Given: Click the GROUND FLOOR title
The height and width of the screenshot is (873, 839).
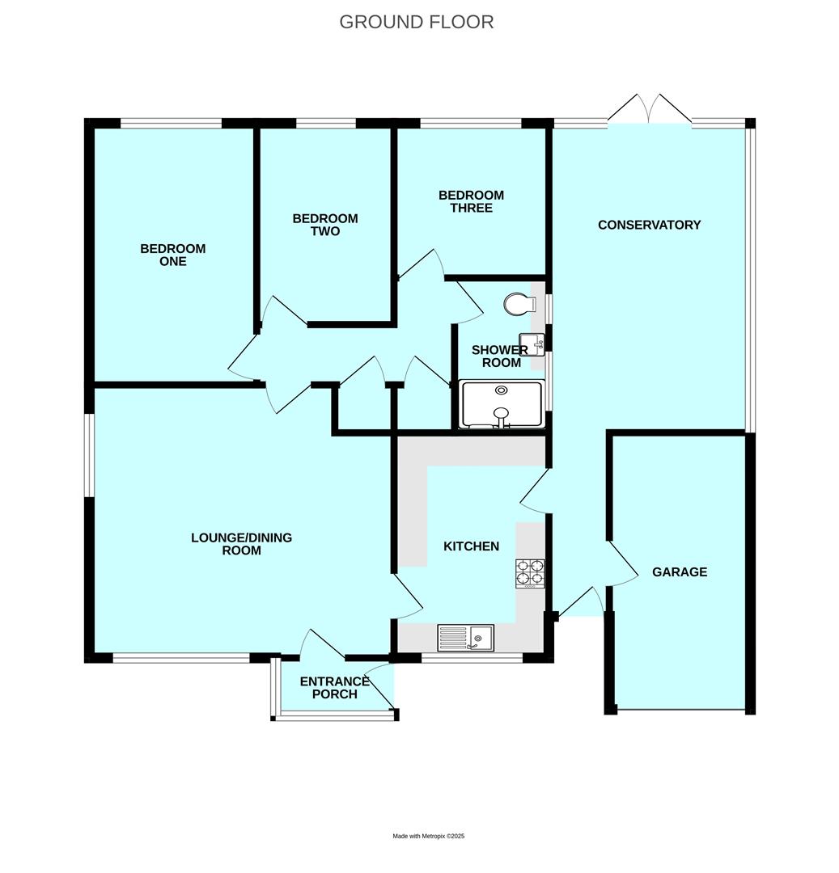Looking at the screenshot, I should [416, 22].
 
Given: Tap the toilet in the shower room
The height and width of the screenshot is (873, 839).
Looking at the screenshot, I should [519, 305].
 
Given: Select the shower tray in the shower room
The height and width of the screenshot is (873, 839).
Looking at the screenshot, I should [502, 404].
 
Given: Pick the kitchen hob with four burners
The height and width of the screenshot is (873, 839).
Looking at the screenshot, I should [530, 572].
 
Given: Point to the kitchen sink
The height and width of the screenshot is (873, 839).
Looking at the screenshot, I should [466, 638].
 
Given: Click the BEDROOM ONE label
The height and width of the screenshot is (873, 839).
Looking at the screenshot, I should [173, 255].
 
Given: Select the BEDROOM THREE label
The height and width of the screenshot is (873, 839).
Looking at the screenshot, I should [471, 201].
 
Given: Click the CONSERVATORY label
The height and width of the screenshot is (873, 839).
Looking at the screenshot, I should [649, 225].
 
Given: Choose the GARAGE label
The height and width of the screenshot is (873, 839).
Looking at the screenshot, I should [680, 571].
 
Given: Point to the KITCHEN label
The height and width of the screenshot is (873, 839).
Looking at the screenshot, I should [471, 546].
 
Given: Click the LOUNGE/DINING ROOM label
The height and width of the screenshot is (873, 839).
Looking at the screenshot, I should [241, 544].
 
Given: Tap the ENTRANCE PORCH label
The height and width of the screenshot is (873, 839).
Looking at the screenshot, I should [334, 688].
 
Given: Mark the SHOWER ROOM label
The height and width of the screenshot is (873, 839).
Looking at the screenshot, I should [501, 356].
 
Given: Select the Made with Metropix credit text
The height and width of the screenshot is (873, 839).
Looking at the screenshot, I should [428, 836].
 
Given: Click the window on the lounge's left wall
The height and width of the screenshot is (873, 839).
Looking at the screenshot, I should [90, 455].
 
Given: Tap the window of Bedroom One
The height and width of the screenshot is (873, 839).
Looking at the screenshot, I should [171, 124].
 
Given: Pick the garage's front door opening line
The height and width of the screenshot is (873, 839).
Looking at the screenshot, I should [680, 710].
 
